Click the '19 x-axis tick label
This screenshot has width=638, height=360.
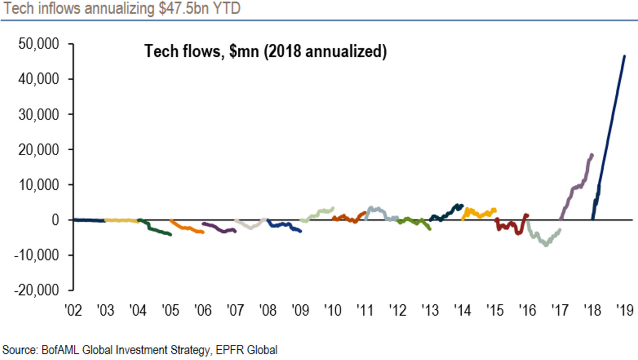(625, 311)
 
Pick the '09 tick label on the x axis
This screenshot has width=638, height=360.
(300, 311)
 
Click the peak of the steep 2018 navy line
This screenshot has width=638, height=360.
(624, 56)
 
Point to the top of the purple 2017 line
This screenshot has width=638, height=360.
(592, 155)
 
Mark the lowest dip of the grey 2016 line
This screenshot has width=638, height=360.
(546, 245)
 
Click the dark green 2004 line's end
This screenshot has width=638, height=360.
(170, 234)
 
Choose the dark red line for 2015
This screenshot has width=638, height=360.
(511, 225)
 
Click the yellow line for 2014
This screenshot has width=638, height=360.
(478, 213)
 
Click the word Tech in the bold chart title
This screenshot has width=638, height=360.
(157, 52)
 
